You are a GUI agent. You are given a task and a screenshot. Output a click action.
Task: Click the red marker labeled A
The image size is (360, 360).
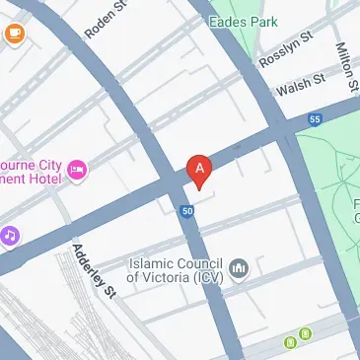click(x=199, y=170)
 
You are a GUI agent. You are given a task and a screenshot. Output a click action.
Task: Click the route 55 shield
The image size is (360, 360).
click(x=315, y=120)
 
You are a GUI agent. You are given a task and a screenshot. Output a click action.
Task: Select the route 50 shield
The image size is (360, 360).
click(x=187, y=211)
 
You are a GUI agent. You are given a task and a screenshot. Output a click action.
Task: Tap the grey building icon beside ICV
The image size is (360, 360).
click(x=238, y=269)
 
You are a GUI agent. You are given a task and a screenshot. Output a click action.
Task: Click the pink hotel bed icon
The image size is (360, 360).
click(x=77, y=173)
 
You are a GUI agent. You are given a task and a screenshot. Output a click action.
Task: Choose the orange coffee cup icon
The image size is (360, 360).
click(x=15, y=35)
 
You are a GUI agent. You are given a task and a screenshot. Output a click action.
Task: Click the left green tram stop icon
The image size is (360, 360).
click(x=291, y=342)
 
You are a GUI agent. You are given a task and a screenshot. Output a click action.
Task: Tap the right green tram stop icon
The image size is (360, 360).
click(x=307, y=333)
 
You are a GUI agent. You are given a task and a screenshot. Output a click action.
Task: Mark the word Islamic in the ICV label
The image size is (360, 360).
click(x=153, y=262)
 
